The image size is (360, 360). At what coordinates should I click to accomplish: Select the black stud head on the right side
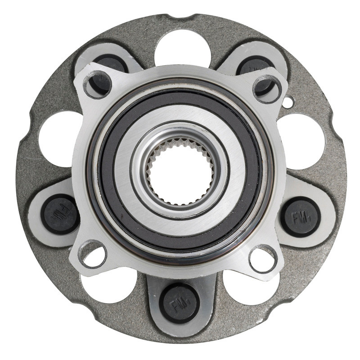[x=300, y=217]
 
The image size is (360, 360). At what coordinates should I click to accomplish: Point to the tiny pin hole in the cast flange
[x=287, y=103]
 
